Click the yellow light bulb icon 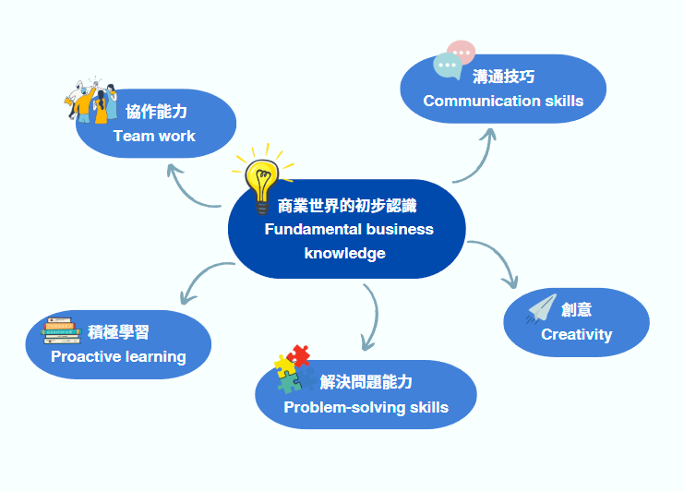coord(261,181)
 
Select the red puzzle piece coord(298,355)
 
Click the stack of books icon coord(63,330)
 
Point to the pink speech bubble coord(461,52)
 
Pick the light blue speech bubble coord(448,66)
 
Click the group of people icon coord(91,100)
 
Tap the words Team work coord(154,136)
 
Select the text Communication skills coord(503,101)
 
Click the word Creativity coord(576,334)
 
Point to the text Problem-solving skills coord(366,407)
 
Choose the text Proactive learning coord(118,356)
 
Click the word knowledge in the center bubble coord(344,253)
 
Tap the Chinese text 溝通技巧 coord(503,77)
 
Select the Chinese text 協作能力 coord(156,112)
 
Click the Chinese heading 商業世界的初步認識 coord(347,205)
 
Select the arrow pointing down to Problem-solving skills coord(372,318)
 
